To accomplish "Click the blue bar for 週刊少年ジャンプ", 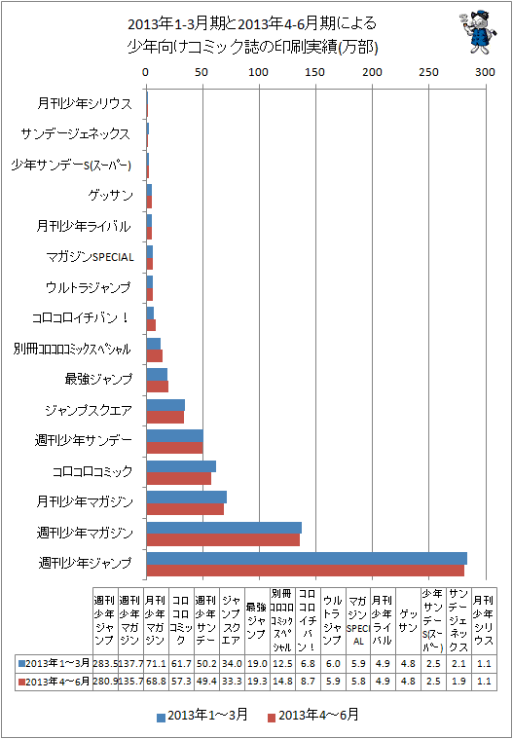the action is point(307,558).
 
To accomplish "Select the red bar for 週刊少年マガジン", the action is point(223,539).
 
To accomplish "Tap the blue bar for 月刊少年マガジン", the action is point(187,497).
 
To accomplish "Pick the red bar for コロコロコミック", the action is point(178,478).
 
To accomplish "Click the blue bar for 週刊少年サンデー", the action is point(175,435).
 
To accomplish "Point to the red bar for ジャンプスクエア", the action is point(165,417).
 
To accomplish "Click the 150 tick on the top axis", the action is point(315,72).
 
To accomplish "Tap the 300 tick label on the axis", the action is point(485,72).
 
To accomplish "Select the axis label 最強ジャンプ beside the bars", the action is point(98,379).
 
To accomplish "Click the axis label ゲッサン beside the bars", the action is point(110,195).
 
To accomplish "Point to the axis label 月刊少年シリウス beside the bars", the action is point(85,103).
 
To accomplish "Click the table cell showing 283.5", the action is point(105,663).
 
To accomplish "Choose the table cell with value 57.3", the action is point(181,681).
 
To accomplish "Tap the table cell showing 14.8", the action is point(282,681).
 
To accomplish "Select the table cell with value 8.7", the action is point(308,681).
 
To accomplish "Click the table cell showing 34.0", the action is point(232,663).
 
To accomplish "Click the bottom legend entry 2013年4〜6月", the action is point(312,716).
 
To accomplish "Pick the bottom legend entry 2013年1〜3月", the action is point(202,716).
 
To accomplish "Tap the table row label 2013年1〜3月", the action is point(54,663).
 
